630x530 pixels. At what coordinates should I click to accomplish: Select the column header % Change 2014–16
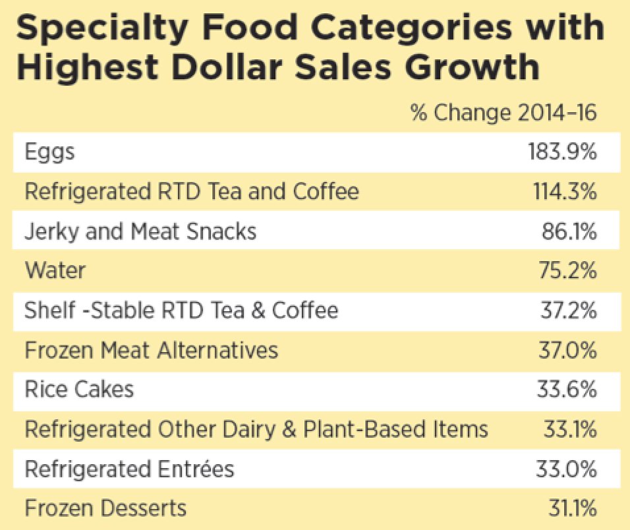(x=503, y=113)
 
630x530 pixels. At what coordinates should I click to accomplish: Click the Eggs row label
(x=50, y=152)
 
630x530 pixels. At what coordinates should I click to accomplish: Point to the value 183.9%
(x=562, y=152)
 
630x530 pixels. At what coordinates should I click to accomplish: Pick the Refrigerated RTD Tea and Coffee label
(x=192, y=192)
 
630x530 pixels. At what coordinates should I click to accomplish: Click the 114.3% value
(x=563, y=192)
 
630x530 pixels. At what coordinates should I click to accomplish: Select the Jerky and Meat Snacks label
(x=140, y=231)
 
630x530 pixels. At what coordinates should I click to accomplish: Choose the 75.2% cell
(x=569, y=271)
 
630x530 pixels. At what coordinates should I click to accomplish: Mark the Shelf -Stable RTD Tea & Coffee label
(x=181, y=310)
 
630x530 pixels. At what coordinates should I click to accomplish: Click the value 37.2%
(x=569, y=310)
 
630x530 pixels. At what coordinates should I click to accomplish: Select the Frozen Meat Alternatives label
(x=151, y=350)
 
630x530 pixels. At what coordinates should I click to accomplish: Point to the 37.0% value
(x=568, y=350)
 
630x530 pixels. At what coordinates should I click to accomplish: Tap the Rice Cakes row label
(x=79, y=390)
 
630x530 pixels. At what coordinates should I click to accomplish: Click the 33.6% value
(x=568, y=390)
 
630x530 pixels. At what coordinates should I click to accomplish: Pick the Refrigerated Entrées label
(x=129, y=469)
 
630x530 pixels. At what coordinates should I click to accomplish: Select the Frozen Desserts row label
(x=105, y=509)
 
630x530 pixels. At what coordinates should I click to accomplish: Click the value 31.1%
(x=571, y=509)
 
